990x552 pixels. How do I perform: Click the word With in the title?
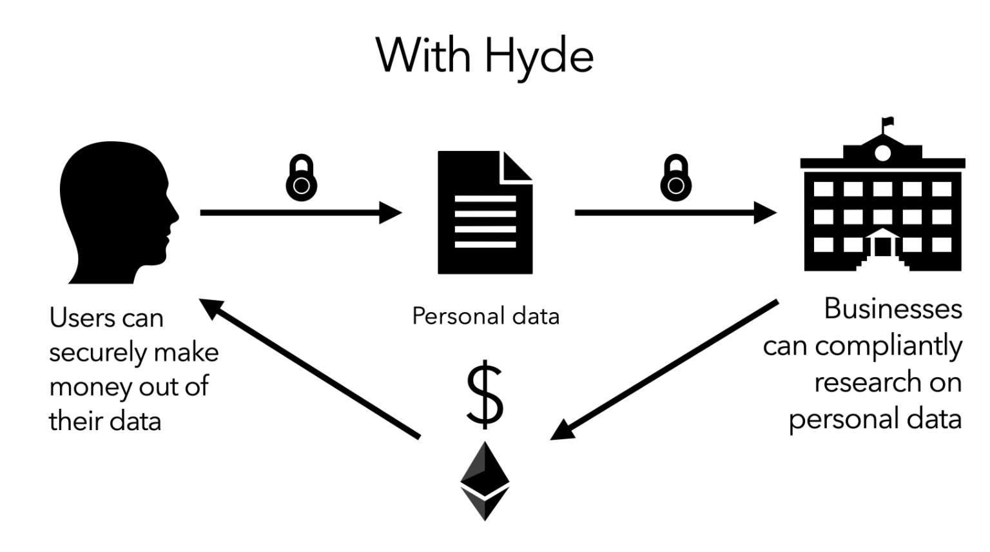[x=423, y=55]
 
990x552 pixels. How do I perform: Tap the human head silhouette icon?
[x=116, y=213]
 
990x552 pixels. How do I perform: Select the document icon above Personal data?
[x=485, y=212]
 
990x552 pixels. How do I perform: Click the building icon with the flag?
[x=882, y=206]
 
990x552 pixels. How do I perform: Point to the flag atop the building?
[x=888, y=121]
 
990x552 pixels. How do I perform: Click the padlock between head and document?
[x=301, y=178]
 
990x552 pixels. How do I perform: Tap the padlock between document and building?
[x=675, y=178]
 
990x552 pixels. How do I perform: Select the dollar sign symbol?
[x=485, y=395]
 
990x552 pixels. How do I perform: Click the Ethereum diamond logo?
[x=485, y=480]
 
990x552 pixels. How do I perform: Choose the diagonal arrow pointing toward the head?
[x=309, y=368]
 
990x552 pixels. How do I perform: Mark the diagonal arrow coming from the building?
[x=664, y=370]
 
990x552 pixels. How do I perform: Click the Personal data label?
[x=485, y=316]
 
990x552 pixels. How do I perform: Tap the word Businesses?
[x=893, y=309]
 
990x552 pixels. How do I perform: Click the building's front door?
[x=882, y=246]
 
